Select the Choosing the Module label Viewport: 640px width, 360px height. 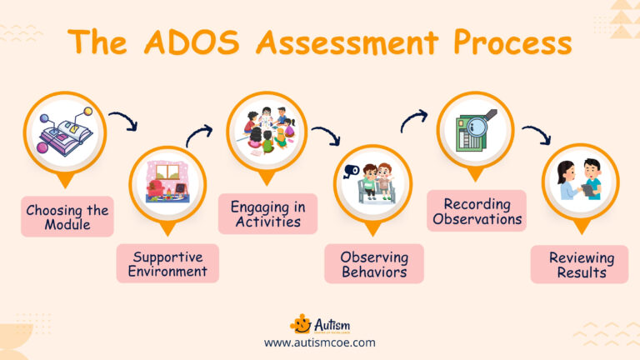pyautogui.click(x=67, y=217)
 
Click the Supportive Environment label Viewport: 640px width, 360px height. pyautogui.click(x=167, y=262)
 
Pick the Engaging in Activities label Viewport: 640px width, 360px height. pyautogui.click(x=267, y=213)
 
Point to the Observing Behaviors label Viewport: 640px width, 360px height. pyautogui.click(x=374, y=263)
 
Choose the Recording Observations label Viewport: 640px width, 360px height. pyautogui.click(x=477, y=211)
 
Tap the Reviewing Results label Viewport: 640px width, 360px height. pyautogui.click(x=580, y=263)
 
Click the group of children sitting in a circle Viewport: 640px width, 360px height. pyautogui.click(x=267, y=130)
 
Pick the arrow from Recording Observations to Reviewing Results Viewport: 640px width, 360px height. pyautogui.click(x=535, y=132)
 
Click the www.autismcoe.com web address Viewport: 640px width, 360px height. pyautogui.click(x=319, y=342)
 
